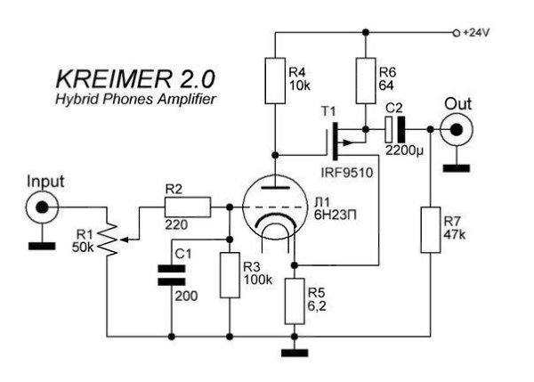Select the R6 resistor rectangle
365,80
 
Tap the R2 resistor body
187,207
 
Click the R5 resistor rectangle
293,301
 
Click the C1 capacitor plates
171,273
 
